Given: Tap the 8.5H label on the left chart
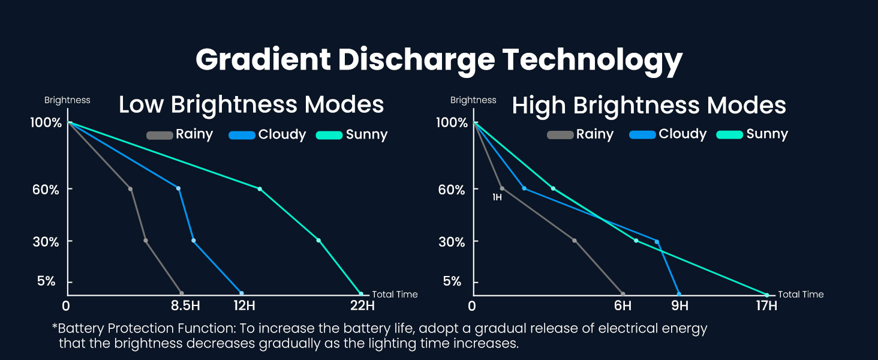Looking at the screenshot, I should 185,306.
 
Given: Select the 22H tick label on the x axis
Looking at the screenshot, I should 362,306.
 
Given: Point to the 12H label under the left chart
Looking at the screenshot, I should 244,306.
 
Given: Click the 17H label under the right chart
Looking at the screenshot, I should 766,306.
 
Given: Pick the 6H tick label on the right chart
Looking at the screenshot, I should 623,306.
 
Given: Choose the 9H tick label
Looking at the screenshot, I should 679,306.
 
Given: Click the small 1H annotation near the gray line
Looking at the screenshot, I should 497,197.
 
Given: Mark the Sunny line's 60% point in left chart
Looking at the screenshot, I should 260,189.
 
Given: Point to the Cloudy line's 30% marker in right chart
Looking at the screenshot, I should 657,242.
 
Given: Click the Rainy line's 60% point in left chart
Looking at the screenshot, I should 130,189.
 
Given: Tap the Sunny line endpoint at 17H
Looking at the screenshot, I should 767,295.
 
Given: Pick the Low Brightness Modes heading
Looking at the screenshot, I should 251,105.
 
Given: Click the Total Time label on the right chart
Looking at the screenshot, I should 801,295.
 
